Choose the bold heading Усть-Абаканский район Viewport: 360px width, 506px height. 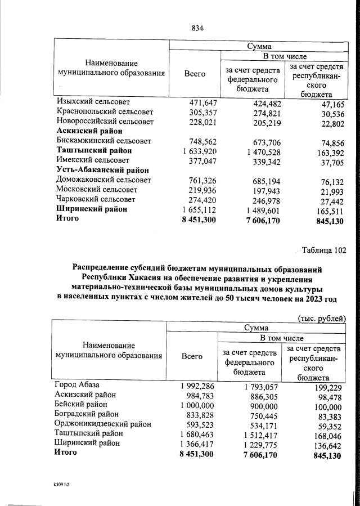pos(103,170)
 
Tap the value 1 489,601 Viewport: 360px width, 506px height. pos(259,209)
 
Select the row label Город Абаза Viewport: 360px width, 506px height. pos(77,385)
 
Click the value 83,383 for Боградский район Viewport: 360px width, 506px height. pos(328,415)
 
